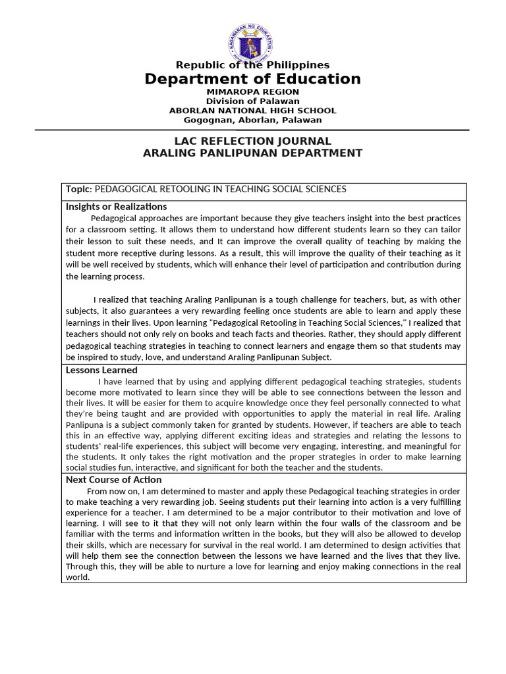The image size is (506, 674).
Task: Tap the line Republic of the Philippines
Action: (252, 65)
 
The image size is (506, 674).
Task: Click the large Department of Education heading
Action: (252, 80)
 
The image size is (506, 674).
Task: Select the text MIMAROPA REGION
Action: (252, 91)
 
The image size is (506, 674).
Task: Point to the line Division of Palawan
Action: (252, 101)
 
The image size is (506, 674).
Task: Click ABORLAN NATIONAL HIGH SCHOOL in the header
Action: (252, 111)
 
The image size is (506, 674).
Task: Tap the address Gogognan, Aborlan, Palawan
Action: (252, 120)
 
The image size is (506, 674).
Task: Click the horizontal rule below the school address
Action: (252, 130)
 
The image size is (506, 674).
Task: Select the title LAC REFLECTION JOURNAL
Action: (252, 142)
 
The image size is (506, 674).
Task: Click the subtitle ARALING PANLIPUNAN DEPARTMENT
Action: (252, 153)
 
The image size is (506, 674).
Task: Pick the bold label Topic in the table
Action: (77, 190)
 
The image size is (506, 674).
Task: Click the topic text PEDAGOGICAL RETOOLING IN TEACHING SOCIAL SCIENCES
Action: (221, 190)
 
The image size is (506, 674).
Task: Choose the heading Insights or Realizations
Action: (116, 207)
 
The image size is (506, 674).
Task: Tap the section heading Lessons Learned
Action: (101, 371)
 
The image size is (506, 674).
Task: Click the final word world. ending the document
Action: (77, 577)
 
